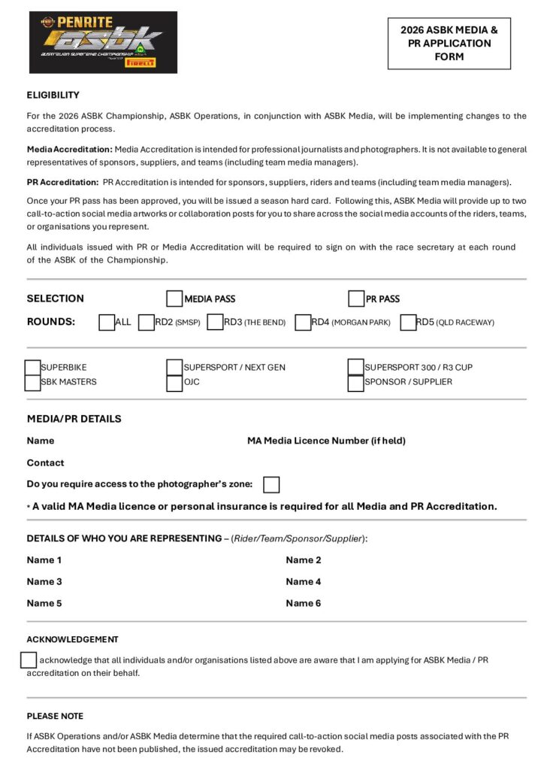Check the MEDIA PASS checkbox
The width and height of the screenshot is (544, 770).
pos(174,299)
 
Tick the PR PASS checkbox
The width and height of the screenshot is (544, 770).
pos(356,299)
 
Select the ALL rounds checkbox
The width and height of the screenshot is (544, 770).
pos(107,323)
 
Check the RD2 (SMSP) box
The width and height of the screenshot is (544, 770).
pos(147,323)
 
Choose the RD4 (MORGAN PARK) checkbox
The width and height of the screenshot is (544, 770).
pos(303,323)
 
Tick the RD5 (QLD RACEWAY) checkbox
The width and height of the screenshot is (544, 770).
pos(408,323)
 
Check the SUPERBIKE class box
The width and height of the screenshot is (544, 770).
pos(33,368)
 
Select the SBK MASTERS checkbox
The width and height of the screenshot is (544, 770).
pos(33,383)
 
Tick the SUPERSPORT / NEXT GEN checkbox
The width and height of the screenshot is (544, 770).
pos(174,368)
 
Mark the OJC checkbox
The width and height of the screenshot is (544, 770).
pos(174,383)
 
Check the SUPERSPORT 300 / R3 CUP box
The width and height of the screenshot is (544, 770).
pos(356,368)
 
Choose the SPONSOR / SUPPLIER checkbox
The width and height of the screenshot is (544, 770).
pos(356,383)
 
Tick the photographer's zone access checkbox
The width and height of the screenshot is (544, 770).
pos(271,484)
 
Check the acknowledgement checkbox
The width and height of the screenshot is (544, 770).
pos(29,660)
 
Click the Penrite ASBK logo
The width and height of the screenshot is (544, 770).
pos(103,42)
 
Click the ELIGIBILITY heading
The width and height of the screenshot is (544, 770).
pos(53,95)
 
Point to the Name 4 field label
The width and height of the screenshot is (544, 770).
pos(304,581)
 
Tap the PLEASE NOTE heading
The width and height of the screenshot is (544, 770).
pos(55,716)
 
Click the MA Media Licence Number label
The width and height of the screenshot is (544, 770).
pos(326,441)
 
